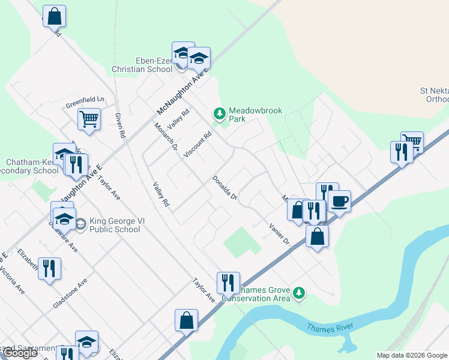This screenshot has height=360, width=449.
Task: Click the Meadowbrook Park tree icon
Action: coord(220,113)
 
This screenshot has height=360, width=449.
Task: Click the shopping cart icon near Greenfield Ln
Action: coord(89,118)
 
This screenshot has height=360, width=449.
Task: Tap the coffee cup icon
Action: coord(339,201)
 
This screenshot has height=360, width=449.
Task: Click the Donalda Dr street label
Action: coord(224,188)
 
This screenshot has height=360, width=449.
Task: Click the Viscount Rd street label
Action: coord(198,145)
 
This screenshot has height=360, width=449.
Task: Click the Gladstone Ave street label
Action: coord(70,293)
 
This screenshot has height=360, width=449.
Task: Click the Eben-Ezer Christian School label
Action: coord(142,65)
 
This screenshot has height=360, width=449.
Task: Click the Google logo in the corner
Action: coord(20,353)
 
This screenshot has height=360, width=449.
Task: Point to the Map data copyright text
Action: coord(412,355)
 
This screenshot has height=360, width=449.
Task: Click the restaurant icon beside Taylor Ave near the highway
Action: coord(228,283)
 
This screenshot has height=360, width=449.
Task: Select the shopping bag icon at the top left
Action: coord(54,16)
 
